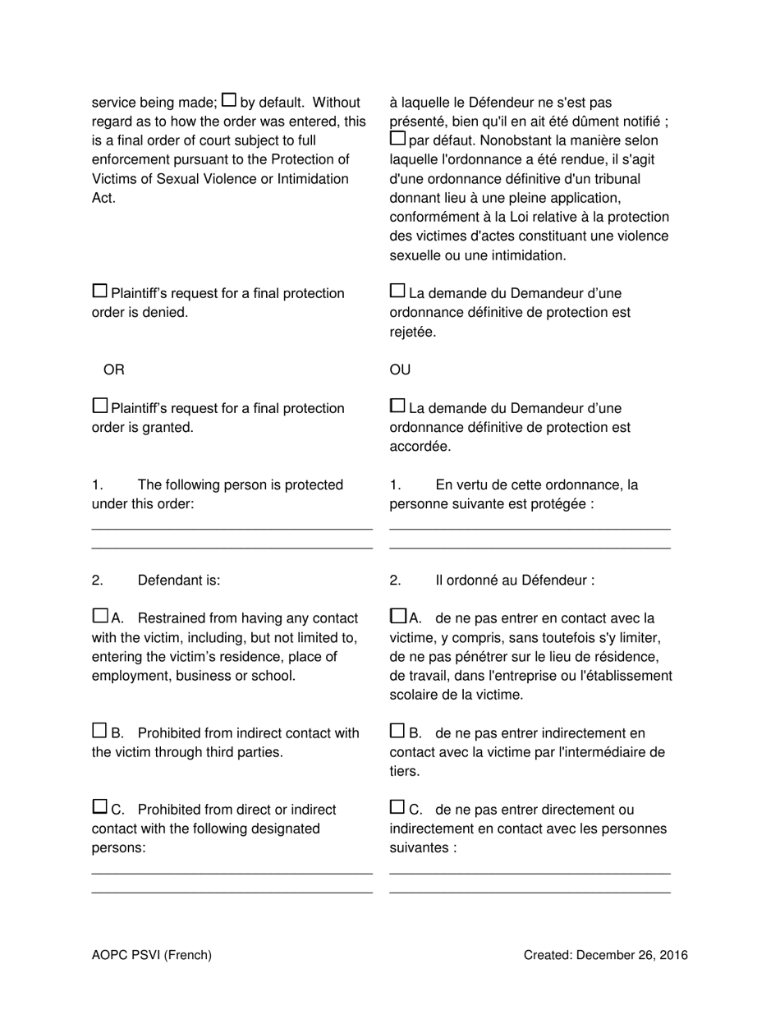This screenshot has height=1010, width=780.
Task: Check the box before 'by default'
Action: point(230,100)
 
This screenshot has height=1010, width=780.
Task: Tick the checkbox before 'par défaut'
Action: point(397,138)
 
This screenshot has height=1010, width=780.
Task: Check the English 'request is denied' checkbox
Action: point(99,291)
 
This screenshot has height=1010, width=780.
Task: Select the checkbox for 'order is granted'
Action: point(99,406)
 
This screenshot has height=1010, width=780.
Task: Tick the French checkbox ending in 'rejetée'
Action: point(397,291)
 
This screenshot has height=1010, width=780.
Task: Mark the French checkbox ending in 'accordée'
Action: point(397,406)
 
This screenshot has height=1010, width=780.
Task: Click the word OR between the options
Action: point(114,370)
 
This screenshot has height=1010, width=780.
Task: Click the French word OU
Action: point(400,370)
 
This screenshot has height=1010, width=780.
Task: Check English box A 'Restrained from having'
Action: point(99,616)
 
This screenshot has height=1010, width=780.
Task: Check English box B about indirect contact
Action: point(99,731)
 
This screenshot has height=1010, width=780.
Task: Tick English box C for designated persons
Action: point(99,807)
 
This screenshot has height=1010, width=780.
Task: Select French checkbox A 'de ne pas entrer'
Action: point(397,616)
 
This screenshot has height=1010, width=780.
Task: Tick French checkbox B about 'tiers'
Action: point(397,731)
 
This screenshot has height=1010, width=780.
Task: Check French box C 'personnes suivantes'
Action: point(397,807)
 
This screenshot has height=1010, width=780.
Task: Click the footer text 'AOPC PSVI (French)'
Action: point(152,954)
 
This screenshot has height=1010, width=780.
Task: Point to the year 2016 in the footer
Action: point(672,954)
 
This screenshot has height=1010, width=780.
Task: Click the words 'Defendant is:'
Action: point(179,581)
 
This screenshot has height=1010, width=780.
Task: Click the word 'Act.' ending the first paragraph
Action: point(103,198)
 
